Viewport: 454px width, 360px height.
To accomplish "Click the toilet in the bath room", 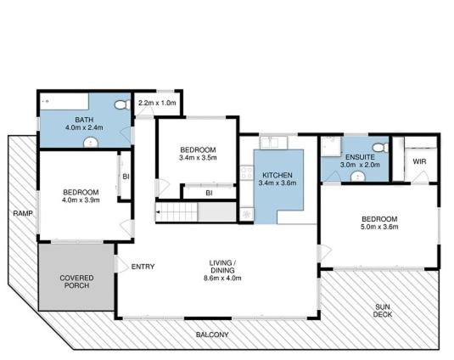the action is pos(123,104).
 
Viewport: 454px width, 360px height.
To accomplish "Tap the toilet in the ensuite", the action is pos(380,148).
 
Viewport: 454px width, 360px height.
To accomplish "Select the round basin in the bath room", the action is pos(91,143).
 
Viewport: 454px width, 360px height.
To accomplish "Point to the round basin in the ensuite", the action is pos(358,177).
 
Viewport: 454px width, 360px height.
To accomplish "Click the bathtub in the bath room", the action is pos(64,101).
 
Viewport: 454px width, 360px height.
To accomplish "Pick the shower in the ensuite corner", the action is pos(331,147).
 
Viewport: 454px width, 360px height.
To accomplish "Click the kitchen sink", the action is pos(273,143).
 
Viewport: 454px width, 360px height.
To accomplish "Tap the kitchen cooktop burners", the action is pos(247,173).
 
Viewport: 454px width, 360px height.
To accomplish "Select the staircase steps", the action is pos(177,212).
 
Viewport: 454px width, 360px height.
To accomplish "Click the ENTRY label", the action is pos(143,267).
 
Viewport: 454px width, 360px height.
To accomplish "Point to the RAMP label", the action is pos(23,213).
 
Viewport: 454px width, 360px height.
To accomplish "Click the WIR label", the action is pos(419,161).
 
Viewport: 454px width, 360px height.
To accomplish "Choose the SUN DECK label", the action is pos(383,311).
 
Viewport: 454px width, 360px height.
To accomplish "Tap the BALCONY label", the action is pos(212,335).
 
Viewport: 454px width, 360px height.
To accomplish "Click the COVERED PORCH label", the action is pos(76,282).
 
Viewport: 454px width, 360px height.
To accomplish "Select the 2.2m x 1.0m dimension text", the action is pos(157,103).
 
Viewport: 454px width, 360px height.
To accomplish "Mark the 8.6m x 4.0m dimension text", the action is pos(222,278).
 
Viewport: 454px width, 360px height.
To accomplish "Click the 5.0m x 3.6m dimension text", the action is pos(379,227).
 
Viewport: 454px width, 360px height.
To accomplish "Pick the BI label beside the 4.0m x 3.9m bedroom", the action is pos(126,177).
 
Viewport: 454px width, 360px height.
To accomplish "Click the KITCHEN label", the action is pos(277,175).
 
